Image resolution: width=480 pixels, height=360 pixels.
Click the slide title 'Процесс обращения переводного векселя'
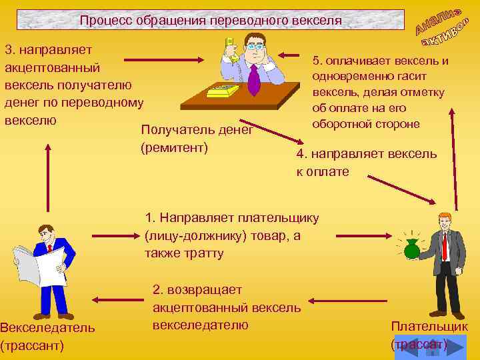coord(210,20)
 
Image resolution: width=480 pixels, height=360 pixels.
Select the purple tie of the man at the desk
coord(253,79)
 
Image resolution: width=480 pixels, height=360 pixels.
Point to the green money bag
coord(412,249)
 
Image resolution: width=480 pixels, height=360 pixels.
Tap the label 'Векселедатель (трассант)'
coord(47,337)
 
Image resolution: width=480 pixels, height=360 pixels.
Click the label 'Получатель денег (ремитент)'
coord(197,138)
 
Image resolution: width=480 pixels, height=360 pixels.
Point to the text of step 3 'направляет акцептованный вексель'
coord(73,85)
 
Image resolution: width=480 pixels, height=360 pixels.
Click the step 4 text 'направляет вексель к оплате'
coord(366,163)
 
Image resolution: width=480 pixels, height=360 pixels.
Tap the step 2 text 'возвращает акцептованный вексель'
coord(227,307)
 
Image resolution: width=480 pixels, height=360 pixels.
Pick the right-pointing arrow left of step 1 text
coord(114,235)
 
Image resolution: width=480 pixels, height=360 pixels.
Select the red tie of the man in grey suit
coord(444,246)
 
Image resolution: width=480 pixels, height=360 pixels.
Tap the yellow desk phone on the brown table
coord(223,91)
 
